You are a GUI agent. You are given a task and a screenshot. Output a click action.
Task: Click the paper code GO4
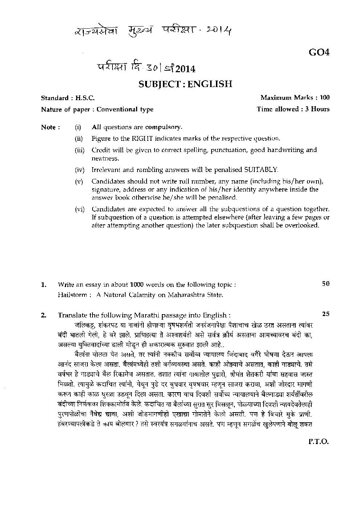319,53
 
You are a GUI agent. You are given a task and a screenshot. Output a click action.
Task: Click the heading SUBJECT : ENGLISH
185,84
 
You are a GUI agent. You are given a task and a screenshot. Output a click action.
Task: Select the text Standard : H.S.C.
67,98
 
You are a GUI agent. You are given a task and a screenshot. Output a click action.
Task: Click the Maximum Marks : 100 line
295,98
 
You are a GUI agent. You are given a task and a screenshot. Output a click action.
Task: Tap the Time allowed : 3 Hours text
293,109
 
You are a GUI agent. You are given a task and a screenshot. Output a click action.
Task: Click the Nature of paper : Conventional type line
97,109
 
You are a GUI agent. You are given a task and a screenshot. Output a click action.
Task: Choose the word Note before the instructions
48,127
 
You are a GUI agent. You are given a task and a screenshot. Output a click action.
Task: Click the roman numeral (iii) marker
79,150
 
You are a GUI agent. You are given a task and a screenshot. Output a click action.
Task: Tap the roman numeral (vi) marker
79,209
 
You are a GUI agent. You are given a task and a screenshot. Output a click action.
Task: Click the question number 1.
44,285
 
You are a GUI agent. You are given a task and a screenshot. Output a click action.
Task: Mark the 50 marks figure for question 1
326,284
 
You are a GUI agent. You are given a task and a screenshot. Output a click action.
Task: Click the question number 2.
44,315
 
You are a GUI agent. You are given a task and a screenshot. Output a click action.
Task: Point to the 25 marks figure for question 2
326,314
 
